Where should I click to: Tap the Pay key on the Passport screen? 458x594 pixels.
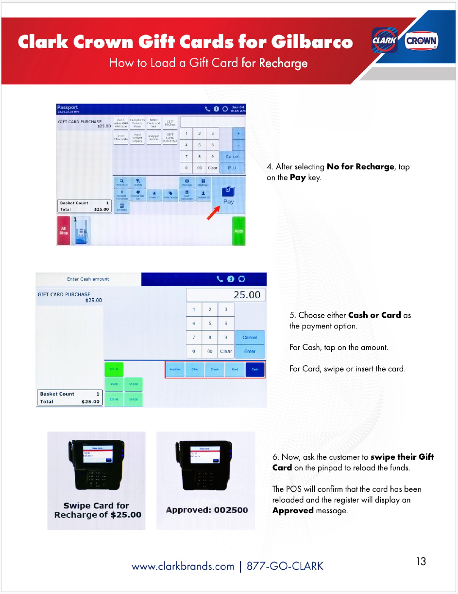(228, 195)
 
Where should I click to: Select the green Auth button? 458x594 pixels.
(238, 231)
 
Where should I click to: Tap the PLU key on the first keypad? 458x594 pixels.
(232, 168)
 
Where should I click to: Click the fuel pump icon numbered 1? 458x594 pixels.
(82, 231)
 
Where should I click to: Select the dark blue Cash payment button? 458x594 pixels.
(255, 369)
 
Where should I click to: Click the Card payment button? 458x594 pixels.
(235, 369)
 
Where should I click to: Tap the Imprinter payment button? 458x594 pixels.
(175, 369)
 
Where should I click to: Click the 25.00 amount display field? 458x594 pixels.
(226, 295)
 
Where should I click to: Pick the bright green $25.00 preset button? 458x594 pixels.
(114, 369)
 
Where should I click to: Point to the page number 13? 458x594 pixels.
(421, 561)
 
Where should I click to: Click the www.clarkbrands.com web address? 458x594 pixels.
(183, 566)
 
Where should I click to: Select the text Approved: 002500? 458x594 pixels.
(207, 510)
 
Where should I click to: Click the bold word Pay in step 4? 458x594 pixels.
(298, 178)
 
